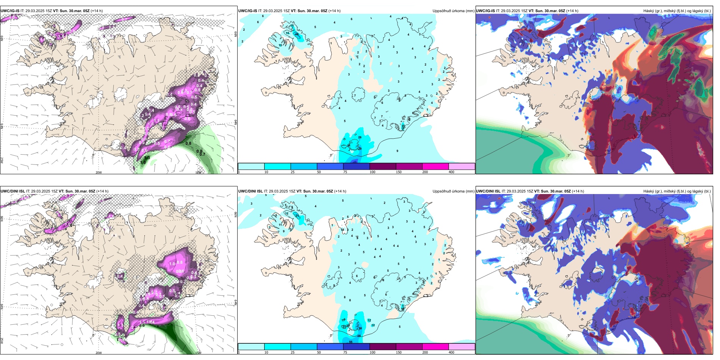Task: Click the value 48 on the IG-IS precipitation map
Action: click(297, 34)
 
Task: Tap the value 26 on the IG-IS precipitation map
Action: click(360, 137)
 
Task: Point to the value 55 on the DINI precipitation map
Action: click(351, 342)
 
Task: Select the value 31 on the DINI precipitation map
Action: click(297, 216)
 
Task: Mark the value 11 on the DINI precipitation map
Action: click(280, 225)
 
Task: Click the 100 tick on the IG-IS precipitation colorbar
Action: click(373, 172)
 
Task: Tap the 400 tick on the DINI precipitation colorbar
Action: click(451, 352)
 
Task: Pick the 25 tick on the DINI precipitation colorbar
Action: click(293, 352)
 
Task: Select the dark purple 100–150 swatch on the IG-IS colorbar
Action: click(383, 166)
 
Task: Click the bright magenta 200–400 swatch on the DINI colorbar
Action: click(435, 347)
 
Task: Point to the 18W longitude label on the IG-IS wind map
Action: click(198, 172)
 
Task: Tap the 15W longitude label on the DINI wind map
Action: click(198, 353)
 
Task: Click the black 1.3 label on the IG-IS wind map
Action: click(147, 158)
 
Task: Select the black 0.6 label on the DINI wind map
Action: click(142, 325)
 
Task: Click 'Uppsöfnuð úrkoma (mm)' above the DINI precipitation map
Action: click(453, 191)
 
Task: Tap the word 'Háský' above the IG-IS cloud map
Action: click(649, 11)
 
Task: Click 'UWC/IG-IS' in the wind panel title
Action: click(10, 11)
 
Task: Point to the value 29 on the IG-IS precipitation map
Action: click(360, 149)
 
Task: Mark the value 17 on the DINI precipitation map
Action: click(343, 321)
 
